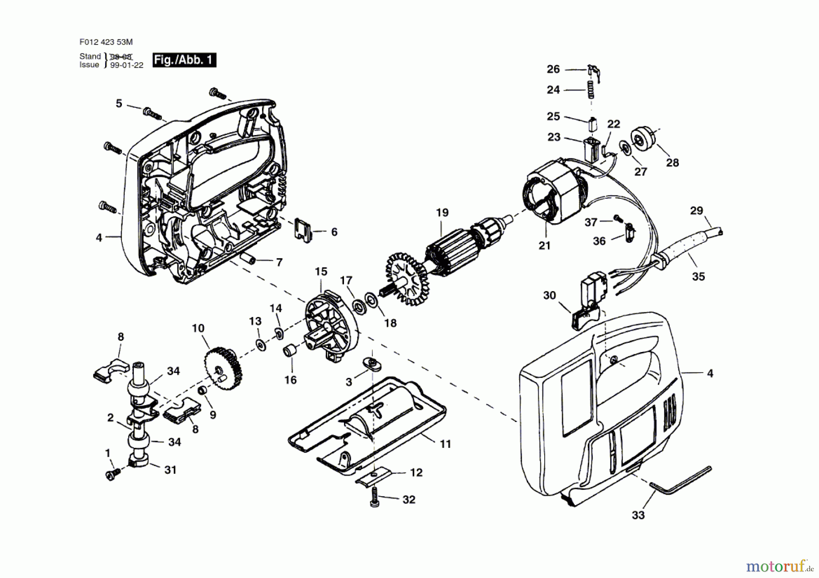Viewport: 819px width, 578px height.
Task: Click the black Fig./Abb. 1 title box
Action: [184, 60]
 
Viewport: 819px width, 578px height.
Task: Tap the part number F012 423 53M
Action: [106, 42]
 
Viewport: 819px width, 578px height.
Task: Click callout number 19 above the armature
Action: [442, 212]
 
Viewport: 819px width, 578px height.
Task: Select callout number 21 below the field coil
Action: [544, 246]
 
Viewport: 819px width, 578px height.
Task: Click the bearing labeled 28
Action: [641, 139]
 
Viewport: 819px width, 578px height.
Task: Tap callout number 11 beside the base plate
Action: [445, 444]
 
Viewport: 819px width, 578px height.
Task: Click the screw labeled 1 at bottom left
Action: [111, 474]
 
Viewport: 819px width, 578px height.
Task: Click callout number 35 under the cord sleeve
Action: [698, 276]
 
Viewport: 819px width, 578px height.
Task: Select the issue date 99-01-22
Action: [126, 65]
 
